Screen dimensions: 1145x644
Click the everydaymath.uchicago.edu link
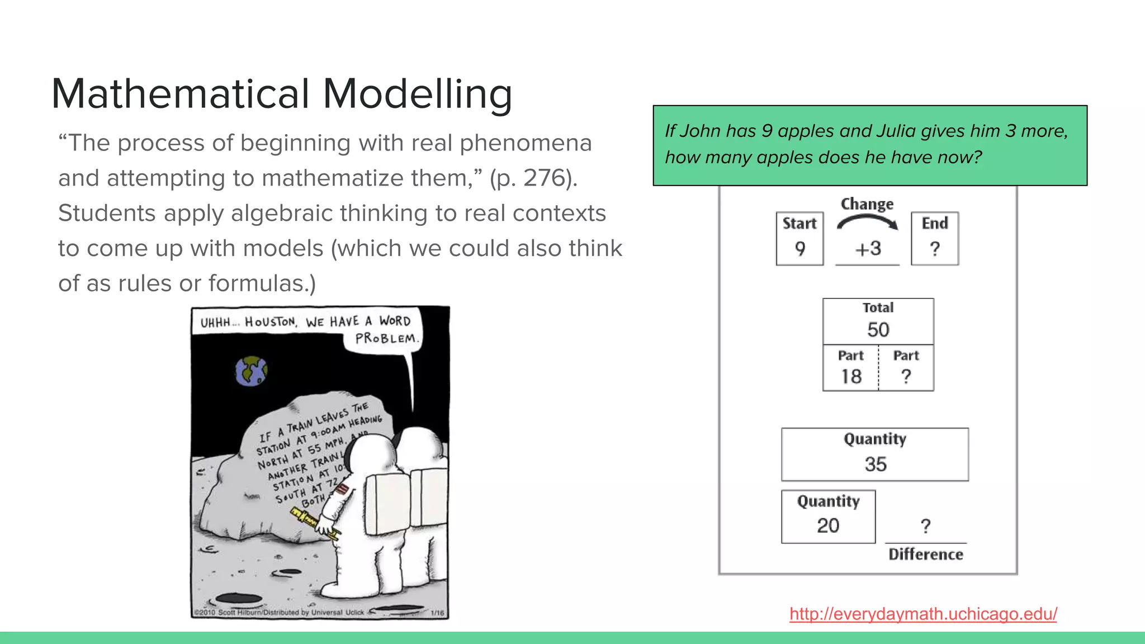923,614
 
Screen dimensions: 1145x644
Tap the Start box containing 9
799,239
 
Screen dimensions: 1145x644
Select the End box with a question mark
935,239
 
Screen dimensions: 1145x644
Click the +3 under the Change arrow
868,248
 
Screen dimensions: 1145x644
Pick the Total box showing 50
878,321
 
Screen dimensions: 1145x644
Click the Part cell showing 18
850,368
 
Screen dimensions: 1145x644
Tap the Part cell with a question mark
906,368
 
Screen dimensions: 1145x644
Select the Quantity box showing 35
875,454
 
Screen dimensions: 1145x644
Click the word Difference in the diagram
926,555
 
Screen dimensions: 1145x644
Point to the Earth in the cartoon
252,371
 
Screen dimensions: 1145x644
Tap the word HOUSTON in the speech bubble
271,322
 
